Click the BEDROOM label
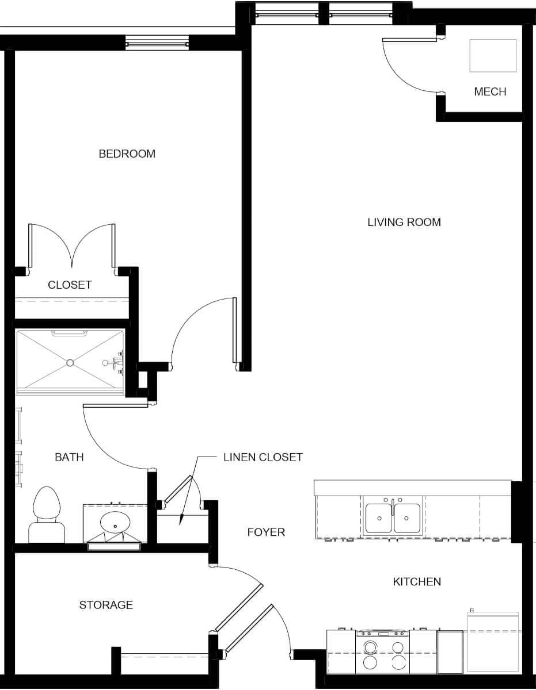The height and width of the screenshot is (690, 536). pos(127,154)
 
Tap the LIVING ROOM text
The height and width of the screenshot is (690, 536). pos(404,222)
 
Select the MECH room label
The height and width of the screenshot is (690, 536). pos(490,91)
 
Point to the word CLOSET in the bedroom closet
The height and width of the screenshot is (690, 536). pos(70,285)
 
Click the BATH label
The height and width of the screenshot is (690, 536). pos(69,457)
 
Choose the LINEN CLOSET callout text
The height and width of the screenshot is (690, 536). pos(263,457)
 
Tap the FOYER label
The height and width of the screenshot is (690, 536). pos(266,532)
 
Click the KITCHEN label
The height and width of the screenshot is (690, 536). pos(417,582)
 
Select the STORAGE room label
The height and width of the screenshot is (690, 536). pos(106,605)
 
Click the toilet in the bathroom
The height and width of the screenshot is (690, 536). pos(47,515)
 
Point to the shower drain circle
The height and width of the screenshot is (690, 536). pos(70,363)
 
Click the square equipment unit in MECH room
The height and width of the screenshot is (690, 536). pos(493,56)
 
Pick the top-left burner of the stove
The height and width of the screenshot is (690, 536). pos(370,646)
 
